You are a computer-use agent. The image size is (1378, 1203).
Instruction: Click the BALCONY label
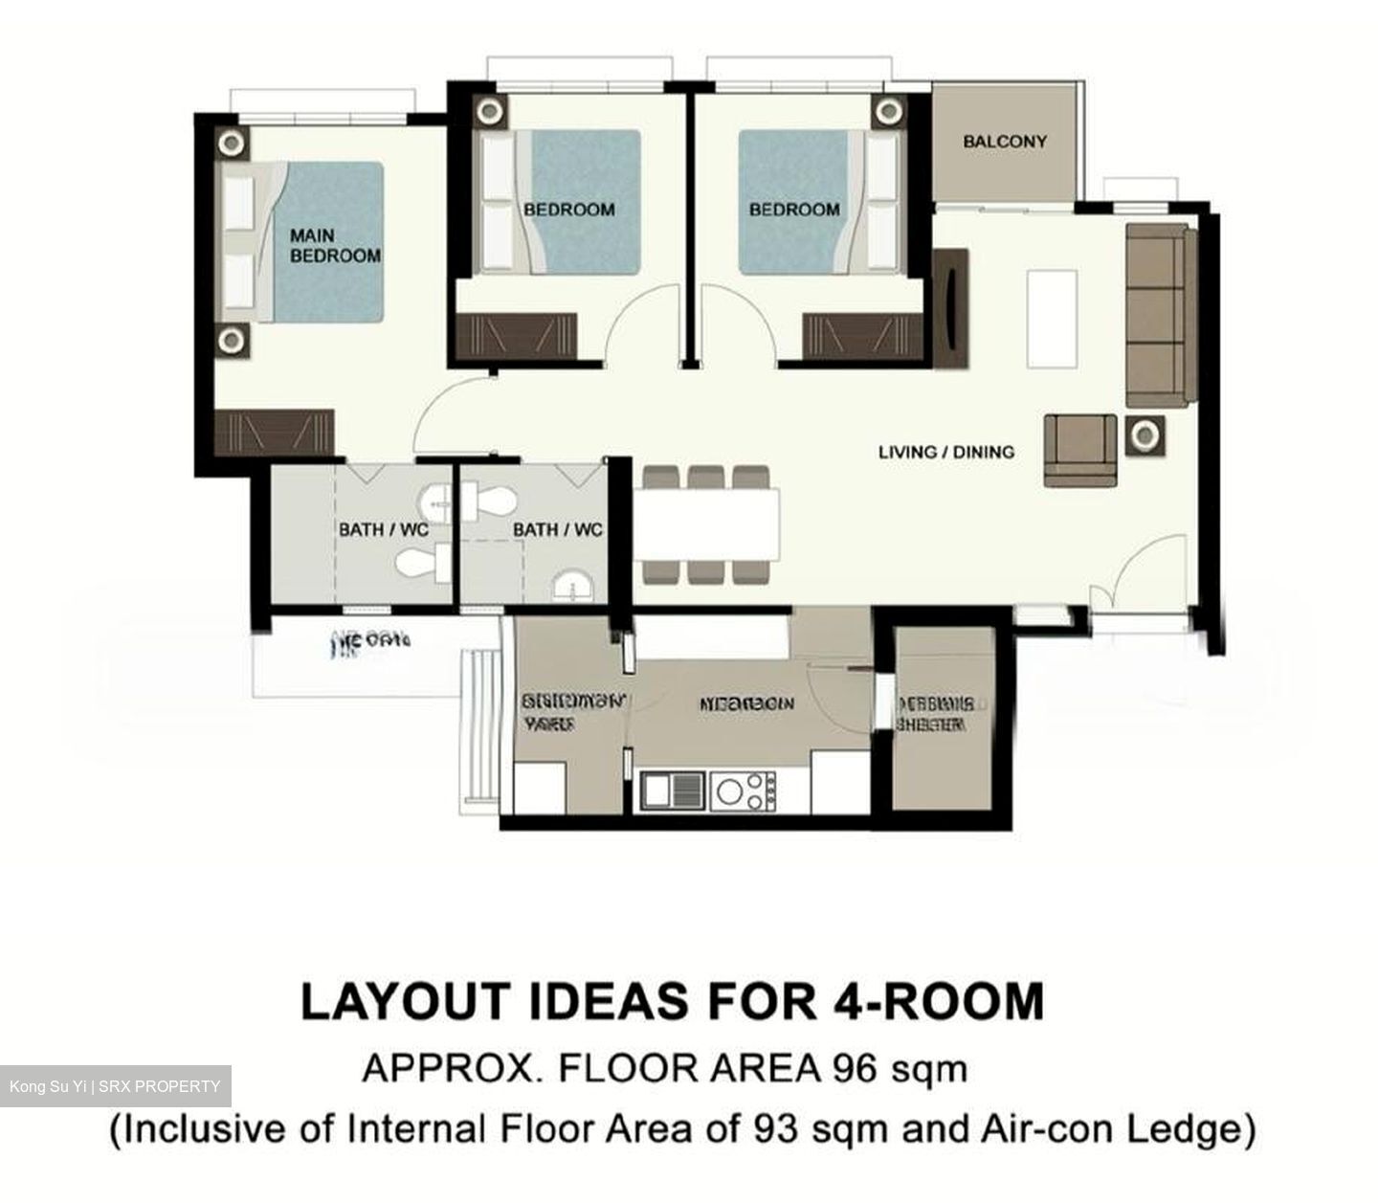tap(1004, 142)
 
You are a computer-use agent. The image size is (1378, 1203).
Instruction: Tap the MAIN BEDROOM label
tap(335, 246)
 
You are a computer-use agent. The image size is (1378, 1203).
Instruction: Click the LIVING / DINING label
tap(945, 452)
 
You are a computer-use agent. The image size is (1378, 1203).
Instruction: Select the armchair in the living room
tap(1079, 450)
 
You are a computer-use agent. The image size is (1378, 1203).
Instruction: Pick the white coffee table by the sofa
tap(1052, 318)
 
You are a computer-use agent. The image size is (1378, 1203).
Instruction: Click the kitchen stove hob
tap(742, 791)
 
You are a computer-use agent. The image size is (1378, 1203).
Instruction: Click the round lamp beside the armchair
tap(1144, 436)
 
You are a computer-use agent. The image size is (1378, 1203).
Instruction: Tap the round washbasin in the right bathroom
tap(573, 585)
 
